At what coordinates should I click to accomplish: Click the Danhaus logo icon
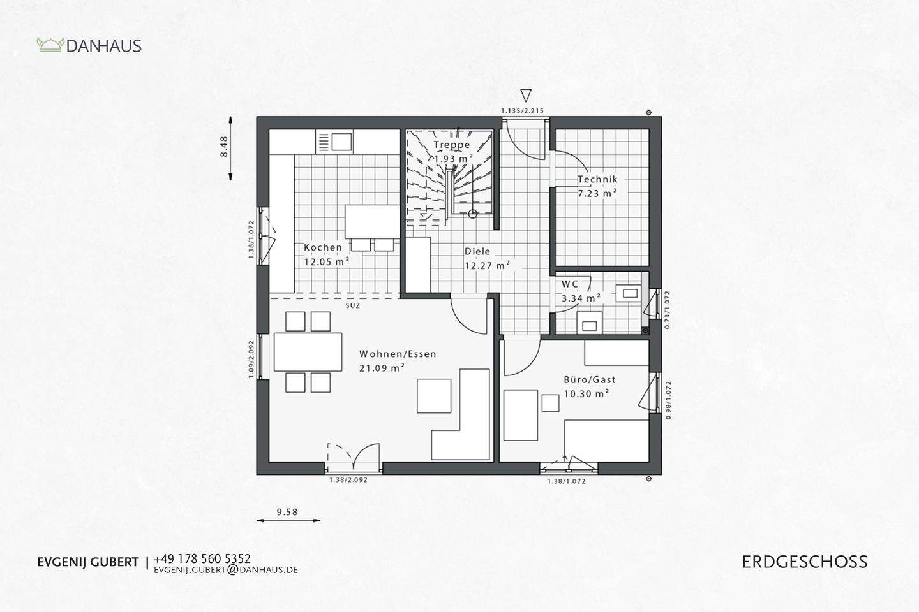coord(50,45)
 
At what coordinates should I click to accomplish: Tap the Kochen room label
coord(323,247)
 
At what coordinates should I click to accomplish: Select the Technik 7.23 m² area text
coord(597,193)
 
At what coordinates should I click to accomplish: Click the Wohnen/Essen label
coord(398,354)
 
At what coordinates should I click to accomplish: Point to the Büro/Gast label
coord(589,380)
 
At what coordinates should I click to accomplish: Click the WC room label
coord(570,284)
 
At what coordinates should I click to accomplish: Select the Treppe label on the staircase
coord(452,145)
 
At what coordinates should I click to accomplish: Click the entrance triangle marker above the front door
coord(525,96)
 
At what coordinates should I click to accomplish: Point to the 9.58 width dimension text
coord(287,511)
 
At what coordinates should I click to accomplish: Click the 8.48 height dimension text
coord(223,147)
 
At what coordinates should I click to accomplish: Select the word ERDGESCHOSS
coord(805,562)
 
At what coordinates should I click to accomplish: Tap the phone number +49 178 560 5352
coord(202,559)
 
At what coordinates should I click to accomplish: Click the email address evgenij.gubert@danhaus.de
coord(226,570)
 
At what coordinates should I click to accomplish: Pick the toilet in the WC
coord(588,323)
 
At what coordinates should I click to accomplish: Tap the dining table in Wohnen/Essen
coord(308,352)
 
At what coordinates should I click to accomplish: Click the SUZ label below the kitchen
coord(353,305)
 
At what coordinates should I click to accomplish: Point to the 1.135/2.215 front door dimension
coord(522,111)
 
